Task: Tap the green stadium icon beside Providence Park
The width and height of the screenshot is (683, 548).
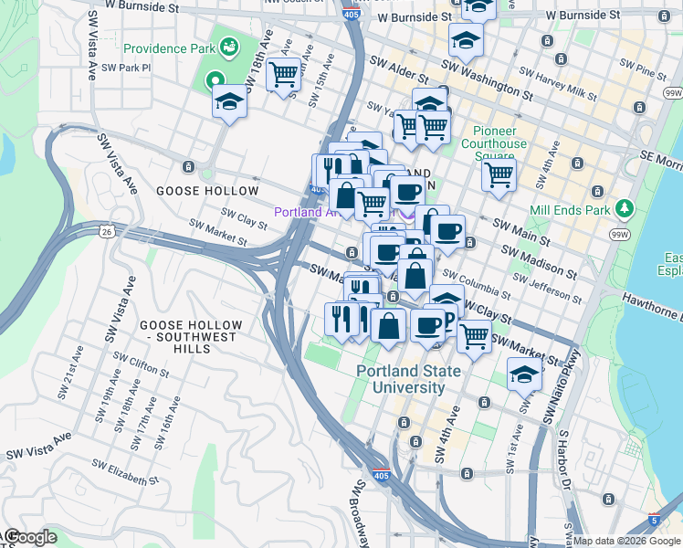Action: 228,47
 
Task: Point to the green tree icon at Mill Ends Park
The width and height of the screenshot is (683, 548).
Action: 625,207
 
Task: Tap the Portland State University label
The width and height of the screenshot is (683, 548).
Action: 401,379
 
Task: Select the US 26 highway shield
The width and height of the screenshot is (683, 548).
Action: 108,232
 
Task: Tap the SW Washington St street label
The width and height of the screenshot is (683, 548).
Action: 486,79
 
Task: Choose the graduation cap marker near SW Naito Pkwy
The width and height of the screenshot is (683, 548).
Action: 523,375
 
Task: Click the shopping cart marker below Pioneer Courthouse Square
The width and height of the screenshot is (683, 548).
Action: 499,174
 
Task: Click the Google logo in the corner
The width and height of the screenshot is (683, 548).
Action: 29,538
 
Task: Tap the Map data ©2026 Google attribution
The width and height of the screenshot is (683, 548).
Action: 626,541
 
